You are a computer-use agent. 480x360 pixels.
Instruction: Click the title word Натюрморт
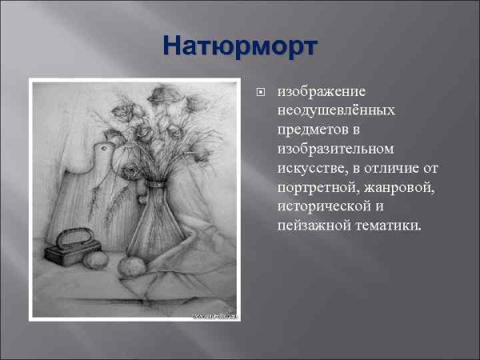pyautogui.click(x=239, y=46)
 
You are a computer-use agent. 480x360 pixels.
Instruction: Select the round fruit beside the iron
pyautogui.click(x=97, y=260)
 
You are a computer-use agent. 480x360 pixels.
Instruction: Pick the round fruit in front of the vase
pyautogui.click(x=130, y=267)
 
